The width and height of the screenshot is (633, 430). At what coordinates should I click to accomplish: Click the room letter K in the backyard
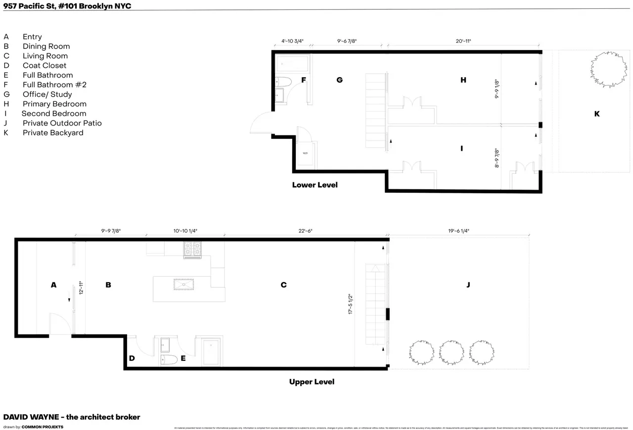(x=596, y=114)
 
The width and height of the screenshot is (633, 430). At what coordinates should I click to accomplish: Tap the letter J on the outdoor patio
(x=468, y=285)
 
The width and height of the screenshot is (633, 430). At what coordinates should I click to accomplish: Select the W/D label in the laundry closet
(x=305, y=153)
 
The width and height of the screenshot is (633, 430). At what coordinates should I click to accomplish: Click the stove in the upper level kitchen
(x=192, y=250)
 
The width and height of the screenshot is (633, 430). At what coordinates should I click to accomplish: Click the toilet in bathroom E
(x=168, y=359)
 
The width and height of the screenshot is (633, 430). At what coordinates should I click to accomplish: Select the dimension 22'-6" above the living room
(x=305, y=231)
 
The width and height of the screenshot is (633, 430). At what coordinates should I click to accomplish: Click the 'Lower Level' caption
(x=315, y=185)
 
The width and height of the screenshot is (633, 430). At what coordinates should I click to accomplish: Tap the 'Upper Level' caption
(x=312, y=382)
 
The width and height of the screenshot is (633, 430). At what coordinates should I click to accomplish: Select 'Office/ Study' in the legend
(x=47, y=94)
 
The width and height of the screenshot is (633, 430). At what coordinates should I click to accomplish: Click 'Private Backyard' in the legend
(x=53, y=132)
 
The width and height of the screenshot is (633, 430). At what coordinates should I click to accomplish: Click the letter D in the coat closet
(x=132, y=358)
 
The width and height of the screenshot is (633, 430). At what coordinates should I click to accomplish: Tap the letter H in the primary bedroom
(x=463, y=80)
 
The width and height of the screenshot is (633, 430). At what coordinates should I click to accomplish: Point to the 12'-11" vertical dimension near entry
(x=81, y=288)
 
